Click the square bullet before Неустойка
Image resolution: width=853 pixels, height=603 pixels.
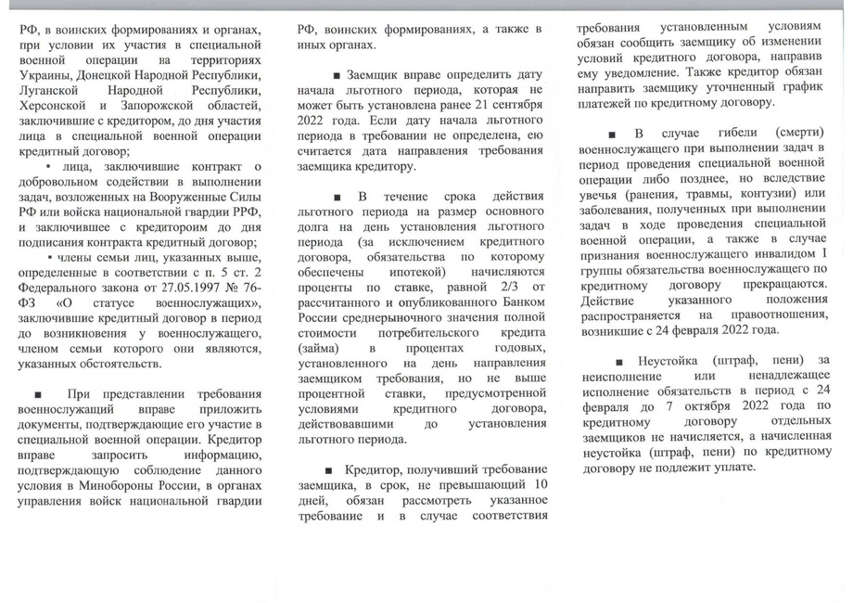pos(619,360)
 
